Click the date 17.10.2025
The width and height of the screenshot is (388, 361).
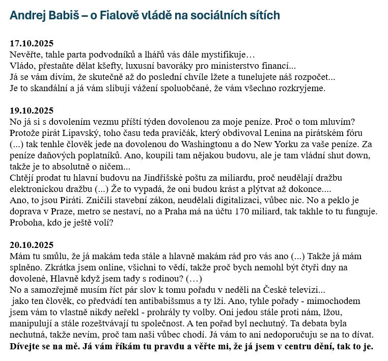32,43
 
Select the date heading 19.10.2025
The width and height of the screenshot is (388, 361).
32,110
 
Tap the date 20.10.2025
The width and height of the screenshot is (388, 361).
32,245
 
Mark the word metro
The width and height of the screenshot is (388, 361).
103,211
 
